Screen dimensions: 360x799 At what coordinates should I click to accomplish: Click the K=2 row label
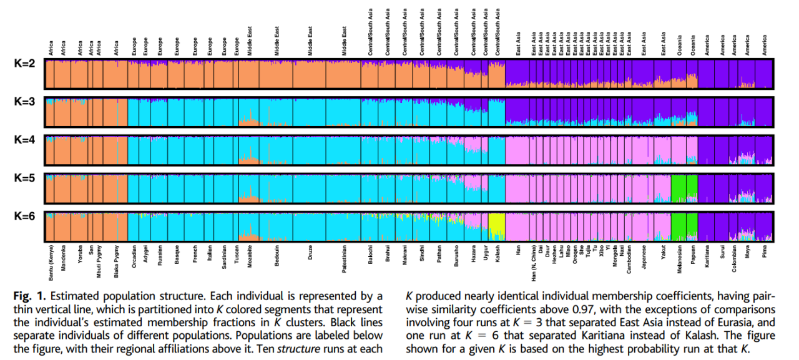pos(24,64)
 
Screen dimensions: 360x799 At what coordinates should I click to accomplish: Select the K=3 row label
pos(24,103)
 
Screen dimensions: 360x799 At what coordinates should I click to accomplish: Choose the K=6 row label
pos(24,216)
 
